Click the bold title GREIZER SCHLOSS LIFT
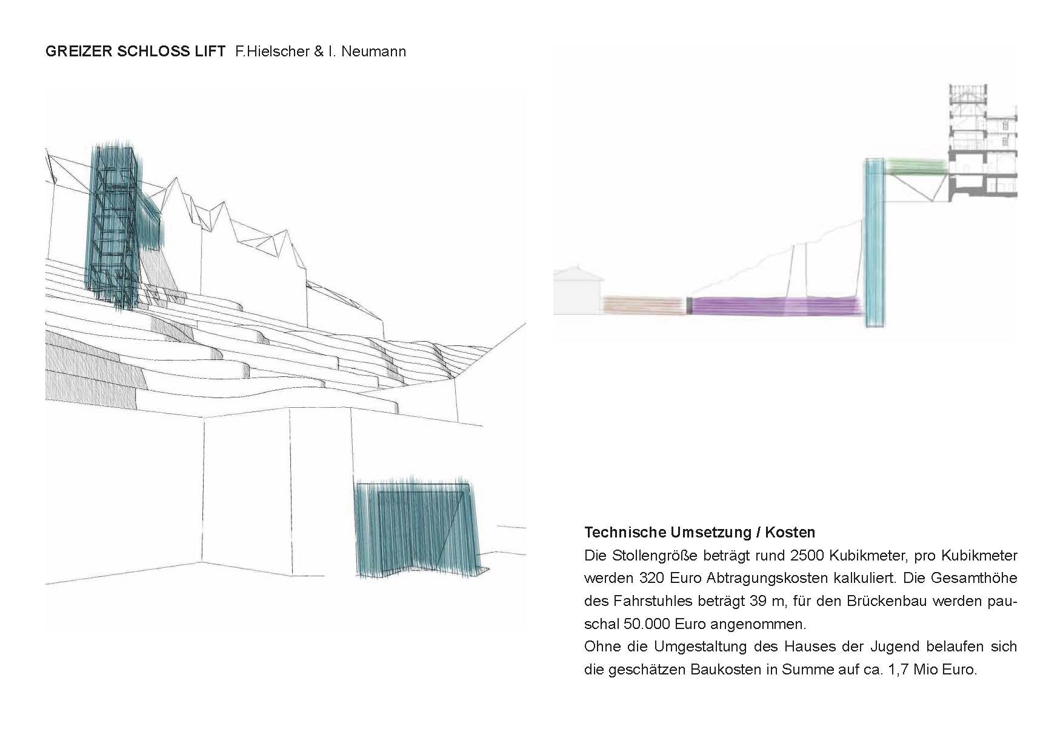[135, 52]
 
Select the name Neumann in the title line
[374, 52]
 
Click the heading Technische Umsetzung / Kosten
[700, 533]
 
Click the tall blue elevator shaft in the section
[875, 242]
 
